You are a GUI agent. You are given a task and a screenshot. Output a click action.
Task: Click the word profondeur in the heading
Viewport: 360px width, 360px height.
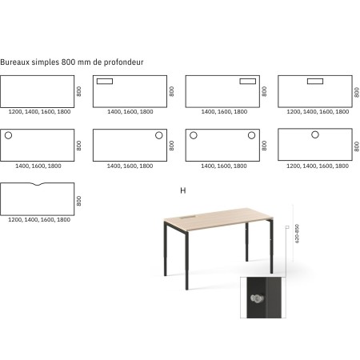point(125,61)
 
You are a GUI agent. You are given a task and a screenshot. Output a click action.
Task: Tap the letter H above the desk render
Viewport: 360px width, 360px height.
point(183,190)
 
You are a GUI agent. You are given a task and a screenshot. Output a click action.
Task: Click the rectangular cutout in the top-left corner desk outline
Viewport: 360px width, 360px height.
point(105,81)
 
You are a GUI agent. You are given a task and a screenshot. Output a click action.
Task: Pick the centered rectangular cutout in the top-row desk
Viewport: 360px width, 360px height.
point(314,81)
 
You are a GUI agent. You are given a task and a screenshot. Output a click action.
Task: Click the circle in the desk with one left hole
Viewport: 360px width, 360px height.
point(9,136)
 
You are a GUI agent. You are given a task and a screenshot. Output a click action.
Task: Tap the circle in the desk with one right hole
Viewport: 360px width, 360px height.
point(158,136)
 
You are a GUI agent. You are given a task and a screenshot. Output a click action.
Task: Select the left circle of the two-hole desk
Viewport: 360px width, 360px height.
point(193,136)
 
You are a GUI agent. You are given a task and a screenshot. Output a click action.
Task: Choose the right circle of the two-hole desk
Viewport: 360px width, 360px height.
point(251,136)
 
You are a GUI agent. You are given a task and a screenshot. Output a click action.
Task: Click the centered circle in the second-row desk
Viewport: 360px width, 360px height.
point(314,135)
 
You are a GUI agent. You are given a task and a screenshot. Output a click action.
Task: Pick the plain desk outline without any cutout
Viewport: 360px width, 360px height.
point(36,91)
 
